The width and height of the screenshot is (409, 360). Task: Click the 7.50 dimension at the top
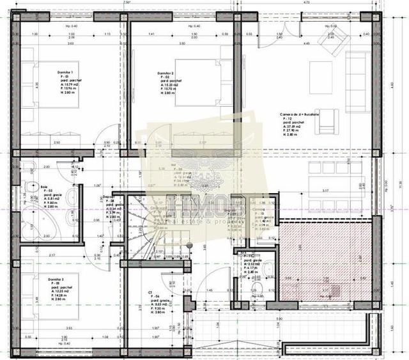coord(127,3)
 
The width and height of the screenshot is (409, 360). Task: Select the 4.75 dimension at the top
coord(306,3)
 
